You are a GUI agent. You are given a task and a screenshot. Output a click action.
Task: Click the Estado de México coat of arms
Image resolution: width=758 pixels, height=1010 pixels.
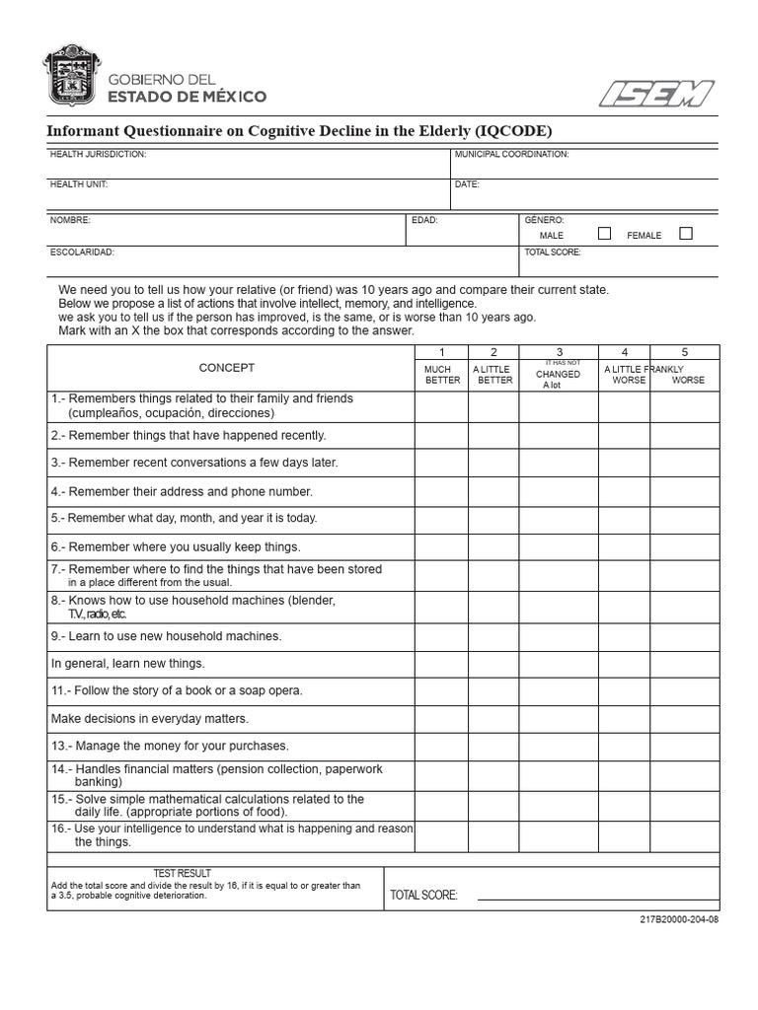72,77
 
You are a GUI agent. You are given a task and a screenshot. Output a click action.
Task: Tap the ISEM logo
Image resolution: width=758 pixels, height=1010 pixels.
656,94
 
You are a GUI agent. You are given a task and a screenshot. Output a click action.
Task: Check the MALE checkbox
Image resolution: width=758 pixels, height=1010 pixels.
604,234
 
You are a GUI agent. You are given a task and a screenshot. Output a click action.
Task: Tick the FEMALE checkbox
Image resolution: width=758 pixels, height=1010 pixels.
686,234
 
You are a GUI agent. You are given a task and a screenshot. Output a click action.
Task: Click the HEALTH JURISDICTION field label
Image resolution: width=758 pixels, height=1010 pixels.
98,155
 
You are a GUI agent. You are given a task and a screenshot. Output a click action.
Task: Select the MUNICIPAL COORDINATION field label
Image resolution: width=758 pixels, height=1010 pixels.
511,155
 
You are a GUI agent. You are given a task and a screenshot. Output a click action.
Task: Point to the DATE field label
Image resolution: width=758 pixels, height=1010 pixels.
466,184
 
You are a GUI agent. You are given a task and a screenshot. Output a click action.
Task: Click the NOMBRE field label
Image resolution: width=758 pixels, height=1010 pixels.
70,221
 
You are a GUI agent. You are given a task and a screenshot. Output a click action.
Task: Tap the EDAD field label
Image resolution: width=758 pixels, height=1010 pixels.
424,221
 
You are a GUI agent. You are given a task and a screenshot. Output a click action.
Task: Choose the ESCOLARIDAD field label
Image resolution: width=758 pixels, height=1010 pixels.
82,252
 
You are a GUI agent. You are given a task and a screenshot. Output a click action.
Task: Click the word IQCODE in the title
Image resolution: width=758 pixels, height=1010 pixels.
510,131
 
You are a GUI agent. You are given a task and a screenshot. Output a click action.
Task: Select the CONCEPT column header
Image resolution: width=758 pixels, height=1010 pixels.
227,368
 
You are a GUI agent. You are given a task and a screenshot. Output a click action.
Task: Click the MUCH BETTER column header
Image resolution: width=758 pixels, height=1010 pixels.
441,375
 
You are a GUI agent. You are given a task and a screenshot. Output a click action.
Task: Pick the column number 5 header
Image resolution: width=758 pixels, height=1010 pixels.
685,352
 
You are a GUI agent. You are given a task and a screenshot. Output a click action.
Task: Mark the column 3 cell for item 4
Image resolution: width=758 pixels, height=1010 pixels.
558,492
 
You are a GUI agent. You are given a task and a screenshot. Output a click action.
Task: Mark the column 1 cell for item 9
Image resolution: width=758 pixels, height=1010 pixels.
441,637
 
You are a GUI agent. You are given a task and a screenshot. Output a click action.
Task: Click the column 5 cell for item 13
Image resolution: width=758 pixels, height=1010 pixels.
685,747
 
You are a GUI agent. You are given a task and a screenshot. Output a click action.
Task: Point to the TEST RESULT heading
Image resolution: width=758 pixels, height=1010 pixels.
182,874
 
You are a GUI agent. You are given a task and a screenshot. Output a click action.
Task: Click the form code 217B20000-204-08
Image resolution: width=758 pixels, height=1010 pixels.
679,919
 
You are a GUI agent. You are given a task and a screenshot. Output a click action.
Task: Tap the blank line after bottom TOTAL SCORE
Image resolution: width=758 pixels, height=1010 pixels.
597,898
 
